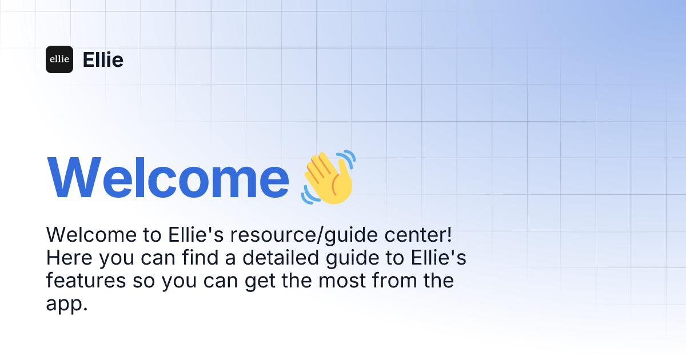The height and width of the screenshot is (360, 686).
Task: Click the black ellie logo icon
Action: click(59, 59)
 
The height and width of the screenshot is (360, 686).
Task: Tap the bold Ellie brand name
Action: click(103, 59)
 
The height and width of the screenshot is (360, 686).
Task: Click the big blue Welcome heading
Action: click(168, 178)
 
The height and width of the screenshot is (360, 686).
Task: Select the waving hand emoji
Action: click(328, 177)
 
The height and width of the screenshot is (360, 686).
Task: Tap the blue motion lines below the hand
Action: click(309, 195)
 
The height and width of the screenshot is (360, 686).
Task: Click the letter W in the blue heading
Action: click(74, 178)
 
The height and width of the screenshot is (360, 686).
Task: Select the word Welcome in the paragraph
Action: click(91, 235)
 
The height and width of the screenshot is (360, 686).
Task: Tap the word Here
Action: click(69, 258)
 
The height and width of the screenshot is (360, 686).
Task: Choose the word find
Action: click(200, 257)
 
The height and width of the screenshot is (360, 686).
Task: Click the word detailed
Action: click(281, 257)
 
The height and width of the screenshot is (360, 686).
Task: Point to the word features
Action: click(86, 280)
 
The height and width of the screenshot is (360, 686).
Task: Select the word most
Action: click(342, 281)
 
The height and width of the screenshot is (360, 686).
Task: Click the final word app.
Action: click(67, 304)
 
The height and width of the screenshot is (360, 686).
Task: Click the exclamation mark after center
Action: click(449, 235)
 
